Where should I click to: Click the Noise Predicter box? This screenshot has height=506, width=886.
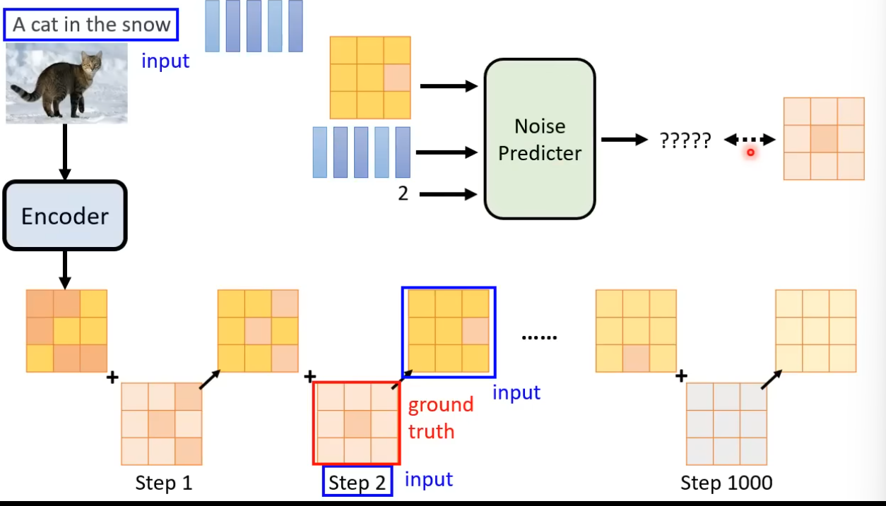pos(540,139)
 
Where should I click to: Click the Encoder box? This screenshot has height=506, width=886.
pos(65,216)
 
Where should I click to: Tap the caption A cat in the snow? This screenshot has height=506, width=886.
pos(92,25)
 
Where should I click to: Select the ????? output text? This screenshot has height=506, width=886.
pos(685,140)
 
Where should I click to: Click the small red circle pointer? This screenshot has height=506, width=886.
pos(750,152)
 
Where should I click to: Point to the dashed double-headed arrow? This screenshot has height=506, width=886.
pos(750,140)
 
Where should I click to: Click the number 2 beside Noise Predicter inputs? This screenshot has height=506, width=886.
pos(403,193)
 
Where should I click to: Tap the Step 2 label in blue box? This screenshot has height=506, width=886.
pos(358,483)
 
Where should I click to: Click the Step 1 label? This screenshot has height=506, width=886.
pos(163,483)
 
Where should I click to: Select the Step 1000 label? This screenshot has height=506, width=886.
pos(726,483)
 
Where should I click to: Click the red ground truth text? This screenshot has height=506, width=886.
pos(440,418)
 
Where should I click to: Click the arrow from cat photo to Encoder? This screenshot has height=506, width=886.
pos(65,151)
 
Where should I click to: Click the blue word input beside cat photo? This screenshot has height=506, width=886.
pos(165,61)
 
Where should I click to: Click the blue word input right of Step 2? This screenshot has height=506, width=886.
pos(428,480)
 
